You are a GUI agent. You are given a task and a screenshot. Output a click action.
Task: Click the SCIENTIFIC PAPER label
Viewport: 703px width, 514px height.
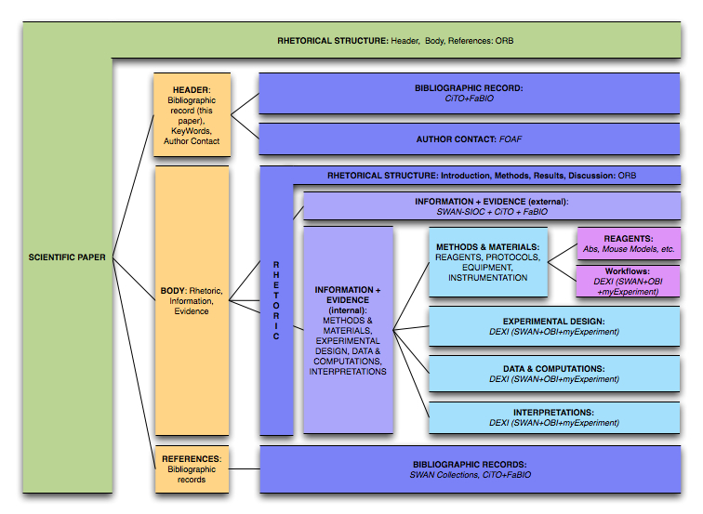67,257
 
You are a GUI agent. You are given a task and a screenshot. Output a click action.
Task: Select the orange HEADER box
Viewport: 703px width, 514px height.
191,114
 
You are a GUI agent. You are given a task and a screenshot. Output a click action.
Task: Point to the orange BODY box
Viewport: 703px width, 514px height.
191,300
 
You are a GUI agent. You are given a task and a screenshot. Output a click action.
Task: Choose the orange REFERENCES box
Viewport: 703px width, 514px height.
191,468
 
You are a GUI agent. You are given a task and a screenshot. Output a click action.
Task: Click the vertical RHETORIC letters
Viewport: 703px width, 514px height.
276,300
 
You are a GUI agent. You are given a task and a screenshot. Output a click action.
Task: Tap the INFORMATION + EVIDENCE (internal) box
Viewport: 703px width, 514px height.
348,330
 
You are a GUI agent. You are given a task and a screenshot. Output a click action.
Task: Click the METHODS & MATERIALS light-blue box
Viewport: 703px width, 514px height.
487,261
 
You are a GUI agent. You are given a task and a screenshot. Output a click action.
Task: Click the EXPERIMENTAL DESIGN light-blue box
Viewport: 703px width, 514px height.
553,325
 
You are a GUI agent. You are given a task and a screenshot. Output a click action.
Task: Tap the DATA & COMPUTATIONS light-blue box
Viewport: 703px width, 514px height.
553,374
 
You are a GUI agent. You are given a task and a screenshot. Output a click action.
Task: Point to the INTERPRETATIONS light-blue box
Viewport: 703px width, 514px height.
553,417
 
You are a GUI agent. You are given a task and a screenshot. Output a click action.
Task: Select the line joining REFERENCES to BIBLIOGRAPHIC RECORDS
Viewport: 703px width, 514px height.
244,469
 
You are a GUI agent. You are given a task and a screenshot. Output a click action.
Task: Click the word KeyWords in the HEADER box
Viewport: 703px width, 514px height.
191,131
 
